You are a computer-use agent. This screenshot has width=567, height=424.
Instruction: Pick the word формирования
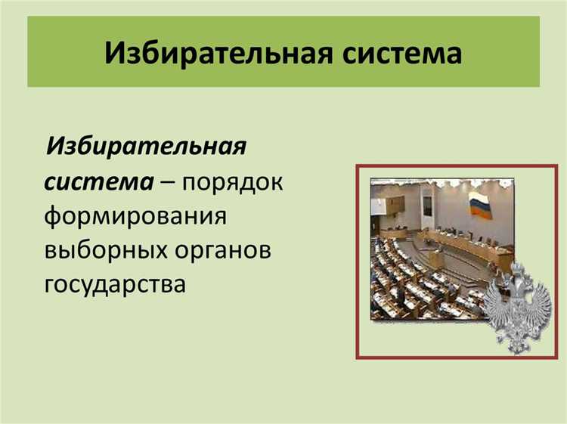click(x=135, y=218)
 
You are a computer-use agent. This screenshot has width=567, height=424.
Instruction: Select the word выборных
click(x=96, y=252)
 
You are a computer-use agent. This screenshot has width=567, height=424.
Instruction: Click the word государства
click(x=115, y=286)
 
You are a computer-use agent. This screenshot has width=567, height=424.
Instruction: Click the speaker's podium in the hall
click(x=438, y=258)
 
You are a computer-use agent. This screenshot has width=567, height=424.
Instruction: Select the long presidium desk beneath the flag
click(x=469, y=246)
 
